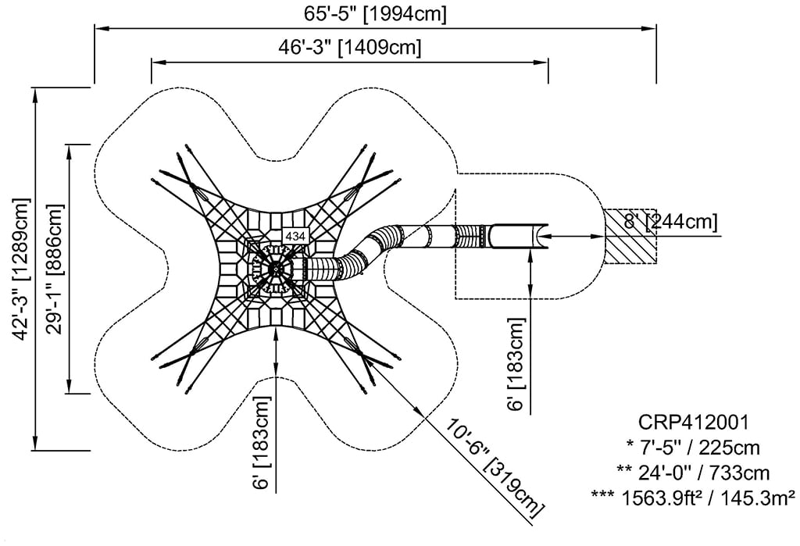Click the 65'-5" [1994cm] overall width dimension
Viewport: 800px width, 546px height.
pos(376,15)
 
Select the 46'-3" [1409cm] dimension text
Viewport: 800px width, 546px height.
pos(350,48)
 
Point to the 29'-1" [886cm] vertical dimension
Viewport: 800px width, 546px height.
pos(54,269)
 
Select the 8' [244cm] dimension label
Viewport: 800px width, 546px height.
pos(670,222)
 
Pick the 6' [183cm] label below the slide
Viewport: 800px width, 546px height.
pos(516,365)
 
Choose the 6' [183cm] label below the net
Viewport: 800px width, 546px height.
pos(262,443)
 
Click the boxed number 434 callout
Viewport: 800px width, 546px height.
pos(295,235)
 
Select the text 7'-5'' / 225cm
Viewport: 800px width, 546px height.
pos(694,448)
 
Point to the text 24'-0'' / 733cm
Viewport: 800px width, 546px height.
pos(694,473)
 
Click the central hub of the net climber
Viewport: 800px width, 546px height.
pos(276,268)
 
